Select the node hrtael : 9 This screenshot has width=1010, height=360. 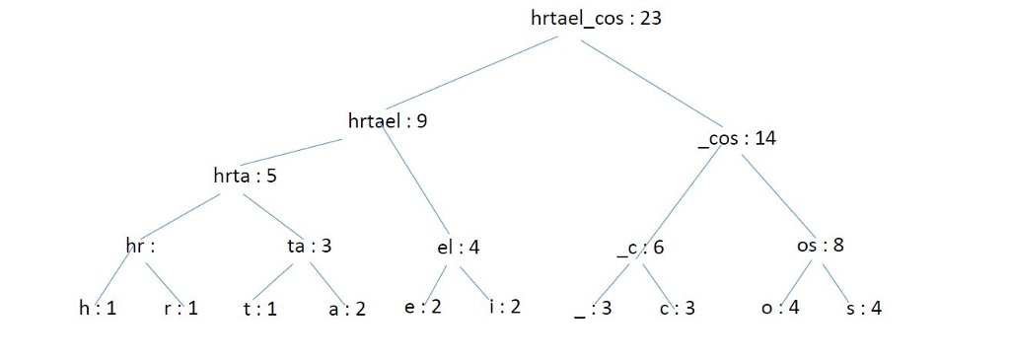pyautogui.click(x=388, y=121)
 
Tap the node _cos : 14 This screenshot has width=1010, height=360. pyautogui.click(x=736, y=138)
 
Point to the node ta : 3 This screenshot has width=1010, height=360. pyautogui.click(x=309, y=247)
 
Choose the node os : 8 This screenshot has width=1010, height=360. pyautogui.click(x=819, y=245)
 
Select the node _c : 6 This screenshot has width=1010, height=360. pyautogui.click(x=639, y=248)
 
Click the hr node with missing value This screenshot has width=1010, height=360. pyautogui.click(x=141, y=247)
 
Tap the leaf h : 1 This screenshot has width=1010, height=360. pyautogui.click(x=98, y=308)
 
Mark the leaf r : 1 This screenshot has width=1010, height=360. pyautogui.click(x=181, y=308)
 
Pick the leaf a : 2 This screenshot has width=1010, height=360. pyautogui.click(x=346, y=308)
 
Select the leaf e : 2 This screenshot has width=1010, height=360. pyautogui.click(x=422, y=306)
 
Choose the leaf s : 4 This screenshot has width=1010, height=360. pyautogui.click(x=864, y=308)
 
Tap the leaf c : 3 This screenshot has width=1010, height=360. pyautogui.click(x=677, y=308)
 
